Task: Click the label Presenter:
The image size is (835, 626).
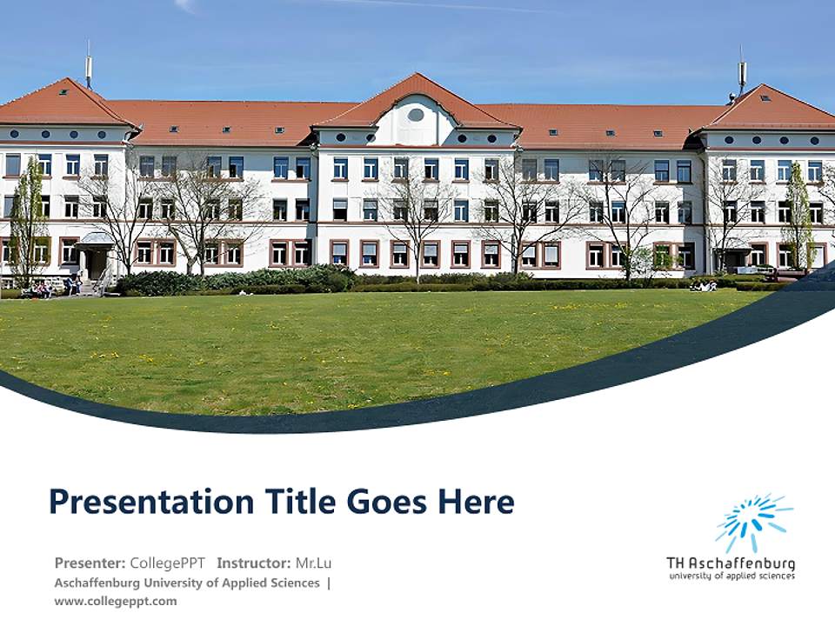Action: pos(90,563)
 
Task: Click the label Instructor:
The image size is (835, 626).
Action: pos(253,563)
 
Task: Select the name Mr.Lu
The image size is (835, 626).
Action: pos(313,563)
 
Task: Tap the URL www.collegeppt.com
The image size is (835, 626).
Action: pos(115,601)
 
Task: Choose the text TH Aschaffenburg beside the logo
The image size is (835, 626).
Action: pos(731,563)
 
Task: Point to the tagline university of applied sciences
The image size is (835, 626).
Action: pos(731,576)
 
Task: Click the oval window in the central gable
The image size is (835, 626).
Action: pos(416,115)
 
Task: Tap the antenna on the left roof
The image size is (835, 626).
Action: pos(88,68)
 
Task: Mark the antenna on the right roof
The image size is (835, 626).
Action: pos(742,74)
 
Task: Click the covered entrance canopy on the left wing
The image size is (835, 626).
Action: pos(96,239)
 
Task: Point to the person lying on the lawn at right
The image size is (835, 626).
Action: pos(705,285)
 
